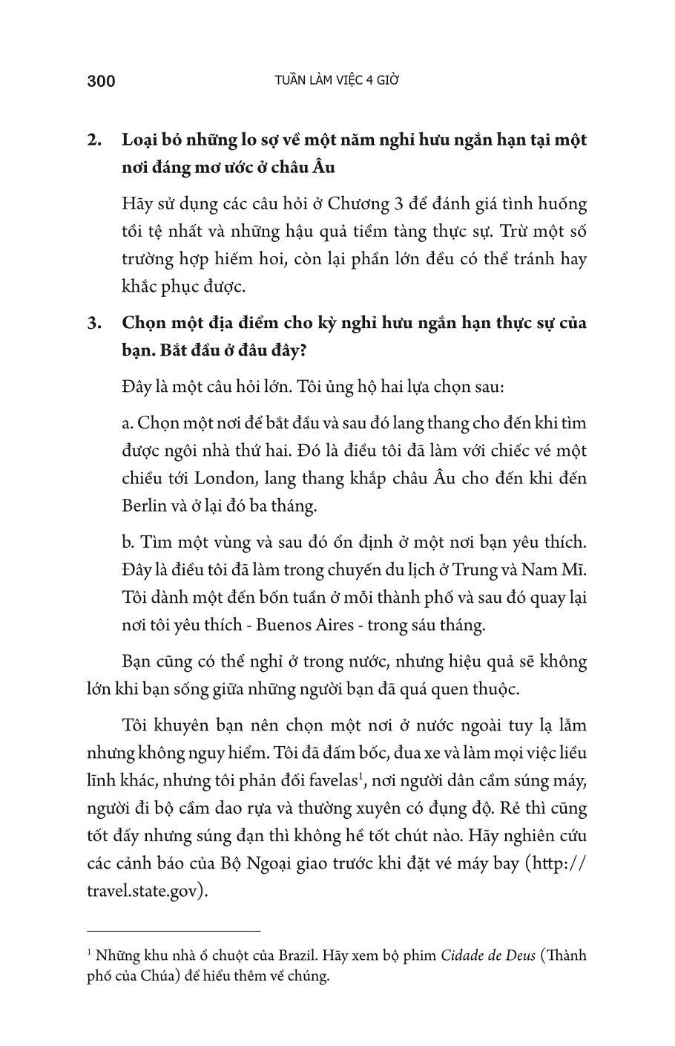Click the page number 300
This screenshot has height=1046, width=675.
tap(101, 81)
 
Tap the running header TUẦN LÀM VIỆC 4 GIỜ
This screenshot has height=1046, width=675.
tap(337, 80)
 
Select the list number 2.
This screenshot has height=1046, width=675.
tap(94, 140)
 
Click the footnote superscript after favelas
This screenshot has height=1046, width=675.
tap(360, 775)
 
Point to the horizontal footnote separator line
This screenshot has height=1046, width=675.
tap(174, 929)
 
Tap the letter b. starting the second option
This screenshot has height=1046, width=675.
tap(128, 542)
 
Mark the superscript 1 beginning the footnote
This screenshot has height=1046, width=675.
tap(89, 952)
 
